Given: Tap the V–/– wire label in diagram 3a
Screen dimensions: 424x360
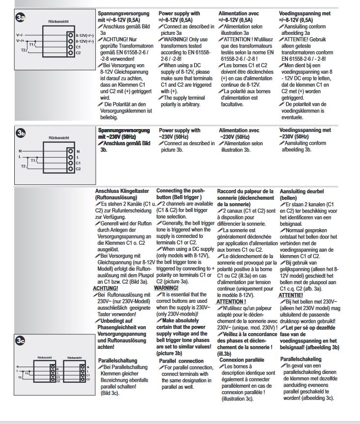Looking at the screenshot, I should [20, 35].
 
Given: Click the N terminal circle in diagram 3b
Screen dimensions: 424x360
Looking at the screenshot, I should [71, 151].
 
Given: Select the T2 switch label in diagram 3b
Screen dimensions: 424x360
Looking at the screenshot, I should [23, 166].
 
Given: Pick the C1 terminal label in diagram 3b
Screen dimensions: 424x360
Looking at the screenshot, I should [78, 162].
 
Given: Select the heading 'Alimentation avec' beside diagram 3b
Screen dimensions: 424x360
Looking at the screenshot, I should [239, 130].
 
